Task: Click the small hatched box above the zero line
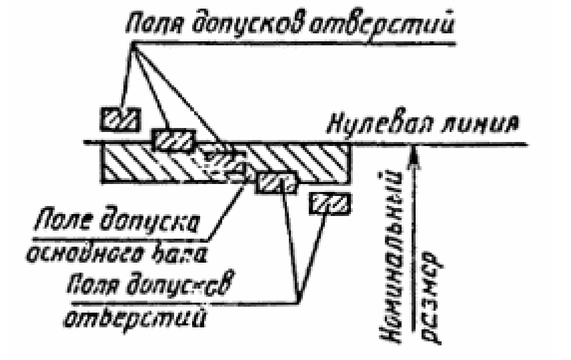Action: (x=120, y=119)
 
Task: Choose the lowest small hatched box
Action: (x=329, y=203)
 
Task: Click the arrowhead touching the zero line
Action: (x=414, y=151)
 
